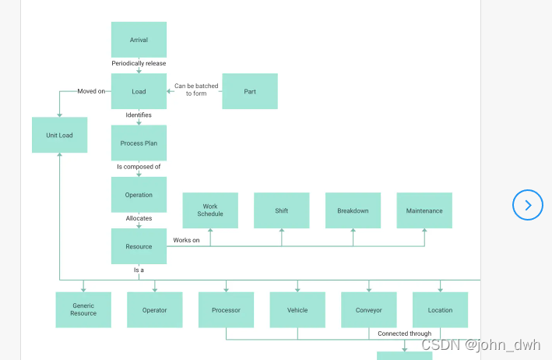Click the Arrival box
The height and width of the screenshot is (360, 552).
click(139, 40)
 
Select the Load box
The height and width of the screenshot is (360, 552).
click(139, 91)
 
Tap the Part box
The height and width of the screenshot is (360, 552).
click(250, 91)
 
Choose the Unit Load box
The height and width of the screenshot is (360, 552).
click(59, 135)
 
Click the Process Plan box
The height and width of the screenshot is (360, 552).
click(139, 143)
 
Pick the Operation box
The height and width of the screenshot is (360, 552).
click(139, 195)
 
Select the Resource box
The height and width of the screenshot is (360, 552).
click(139, 246)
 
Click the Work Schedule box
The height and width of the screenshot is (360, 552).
click(210, 210)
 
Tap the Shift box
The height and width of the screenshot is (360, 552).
click(281, 210)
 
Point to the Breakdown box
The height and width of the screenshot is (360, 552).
click(353, 210)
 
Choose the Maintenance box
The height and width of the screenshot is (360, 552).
click(424, 210)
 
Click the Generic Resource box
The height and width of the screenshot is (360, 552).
click(83, 309)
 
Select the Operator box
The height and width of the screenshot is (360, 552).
click(154, 309)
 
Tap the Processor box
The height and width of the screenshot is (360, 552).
click(226, 309)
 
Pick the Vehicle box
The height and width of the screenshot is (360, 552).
click(297, 309)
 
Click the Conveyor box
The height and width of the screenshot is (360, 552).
click(369, 309)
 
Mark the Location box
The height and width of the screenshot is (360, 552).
click(440, 309)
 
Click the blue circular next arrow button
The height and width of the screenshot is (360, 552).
click(528, 205)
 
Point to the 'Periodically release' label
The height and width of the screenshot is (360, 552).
click(139, 63)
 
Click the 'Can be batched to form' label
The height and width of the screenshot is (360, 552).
click(196, 90)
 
